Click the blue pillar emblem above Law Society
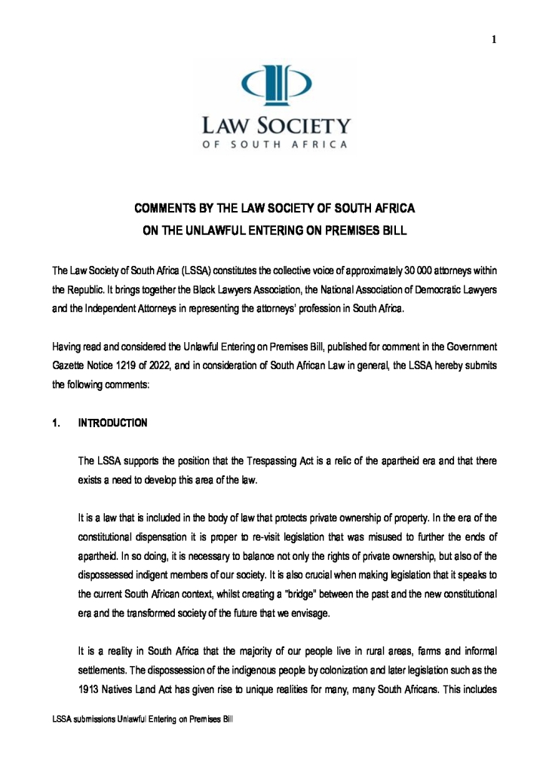pos(274,87)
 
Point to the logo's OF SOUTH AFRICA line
pos(274,144)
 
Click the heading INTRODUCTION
pos(113,423)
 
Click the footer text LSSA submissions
pos(82,720)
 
